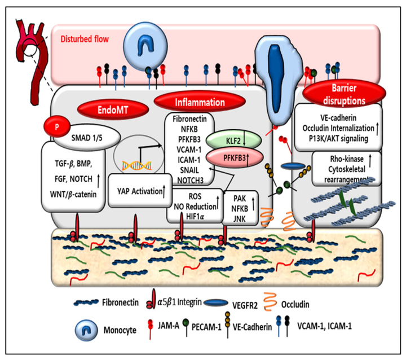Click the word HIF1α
click(191, 216)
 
